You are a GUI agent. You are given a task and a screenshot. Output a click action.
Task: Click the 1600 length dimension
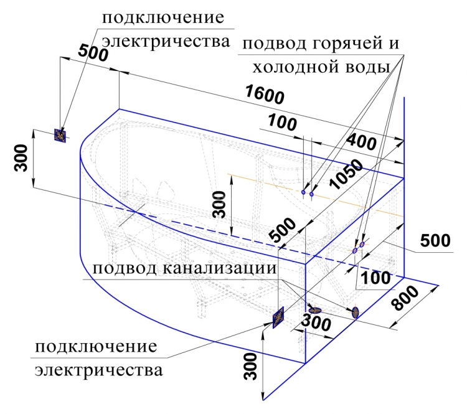point(265,95)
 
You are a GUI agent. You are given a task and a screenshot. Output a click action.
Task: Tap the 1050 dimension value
point(346,174)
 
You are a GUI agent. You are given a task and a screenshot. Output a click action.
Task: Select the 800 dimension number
point(405,298)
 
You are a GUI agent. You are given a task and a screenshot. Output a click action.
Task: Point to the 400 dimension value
point(362,142)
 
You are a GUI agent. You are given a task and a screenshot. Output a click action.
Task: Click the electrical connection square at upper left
point(60,136)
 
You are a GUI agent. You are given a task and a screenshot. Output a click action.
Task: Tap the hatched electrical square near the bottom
point(278,318)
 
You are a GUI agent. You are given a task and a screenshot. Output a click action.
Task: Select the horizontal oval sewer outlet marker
point(315,311)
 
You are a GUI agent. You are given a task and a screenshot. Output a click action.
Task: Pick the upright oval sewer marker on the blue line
point(356,312)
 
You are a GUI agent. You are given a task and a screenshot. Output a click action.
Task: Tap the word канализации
point(220,268)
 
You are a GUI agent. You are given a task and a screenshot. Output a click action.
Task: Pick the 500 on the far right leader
point(435,240)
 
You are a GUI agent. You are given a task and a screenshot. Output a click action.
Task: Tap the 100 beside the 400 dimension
point(282,122)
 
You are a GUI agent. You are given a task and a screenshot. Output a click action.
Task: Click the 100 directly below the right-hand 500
point(375,278)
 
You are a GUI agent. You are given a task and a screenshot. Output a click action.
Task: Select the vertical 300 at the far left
point(21,158)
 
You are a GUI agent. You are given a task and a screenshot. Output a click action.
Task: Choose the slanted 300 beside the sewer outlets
point(316,322)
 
